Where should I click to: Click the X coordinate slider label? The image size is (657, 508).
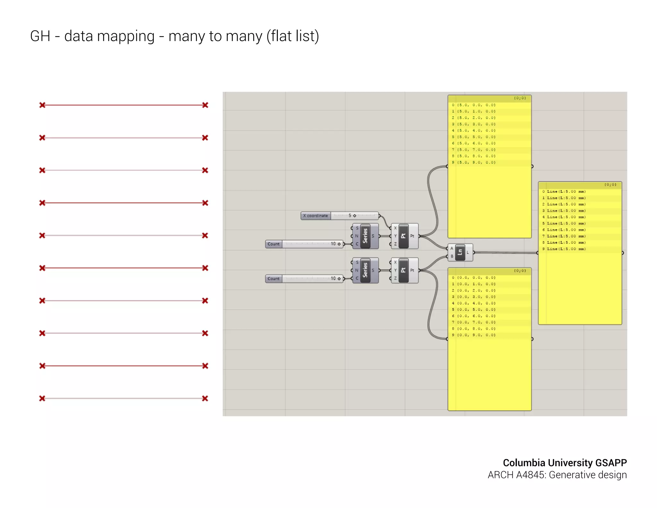pos(315,216)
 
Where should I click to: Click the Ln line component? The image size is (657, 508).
pos(460,252)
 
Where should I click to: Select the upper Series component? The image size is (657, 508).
pos(365,236)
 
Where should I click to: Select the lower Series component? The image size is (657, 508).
pos(365,270)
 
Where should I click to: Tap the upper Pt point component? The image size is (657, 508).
pos(403,236)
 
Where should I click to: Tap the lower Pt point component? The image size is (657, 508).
pos(403,270)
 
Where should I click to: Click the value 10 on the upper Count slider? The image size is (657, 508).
pos(333,244)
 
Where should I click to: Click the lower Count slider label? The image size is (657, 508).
pos(273,279)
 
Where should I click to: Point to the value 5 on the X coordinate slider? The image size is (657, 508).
pos(350,216)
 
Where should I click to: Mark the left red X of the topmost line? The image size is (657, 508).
pos(42,105)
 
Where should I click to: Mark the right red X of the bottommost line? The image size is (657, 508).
pos(205,399)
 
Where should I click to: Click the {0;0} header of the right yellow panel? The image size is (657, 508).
pos(610,185)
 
